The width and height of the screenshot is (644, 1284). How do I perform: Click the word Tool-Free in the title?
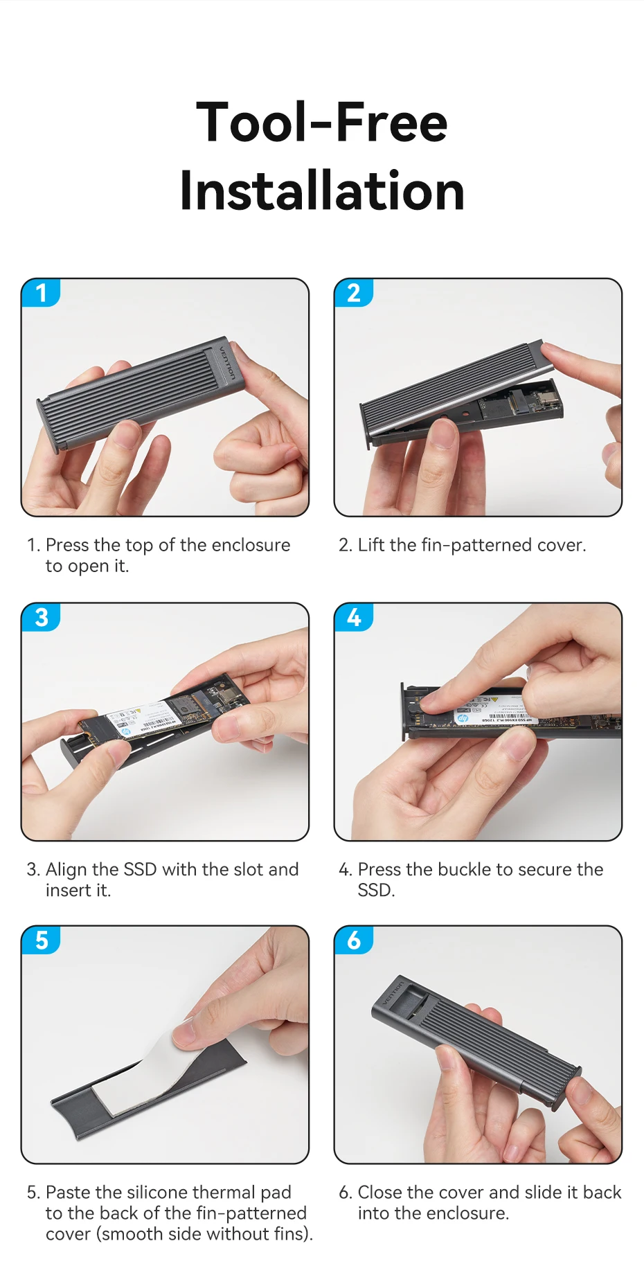(x=322, y=122)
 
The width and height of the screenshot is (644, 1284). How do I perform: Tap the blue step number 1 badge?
(x=41, y=293)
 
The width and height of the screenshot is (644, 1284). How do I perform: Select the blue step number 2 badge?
(x=354, y=293)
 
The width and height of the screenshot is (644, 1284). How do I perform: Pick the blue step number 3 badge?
(x=41, y=617)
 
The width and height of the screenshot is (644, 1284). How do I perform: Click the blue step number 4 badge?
(x=354, y=617)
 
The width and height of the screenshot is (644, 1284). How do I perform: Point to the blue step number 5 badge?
(x=41, y=940)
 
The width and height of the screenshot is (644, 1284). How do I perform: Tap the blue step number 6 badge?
(x=354, y=940)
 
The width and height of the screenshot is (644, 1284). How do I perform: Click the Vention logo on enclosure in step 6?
(x=393, y=992)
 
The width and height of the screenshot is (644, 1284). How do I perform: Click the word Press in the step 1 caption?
(x=67, y=545)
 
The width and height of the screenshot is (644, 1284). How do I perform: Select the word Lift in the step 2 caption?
(x=371, y=545)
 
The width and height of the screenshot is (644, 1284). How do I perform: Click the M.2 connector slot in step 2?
(x=518, y=400)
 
